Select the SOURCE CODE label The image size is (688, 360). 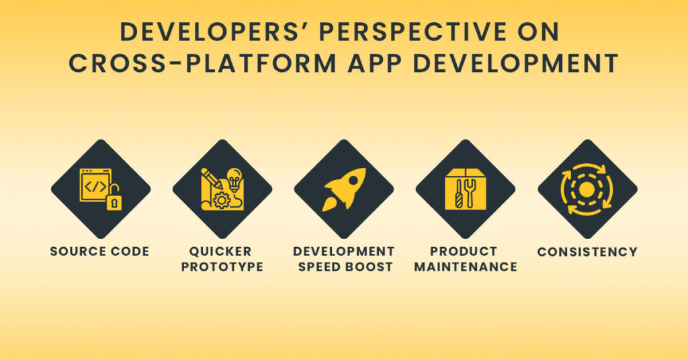(x=99, y=252)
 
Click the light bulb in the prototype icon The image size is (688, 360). (x=234, y=179)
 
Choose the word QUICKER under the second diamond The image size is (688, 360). (x=222, y=251)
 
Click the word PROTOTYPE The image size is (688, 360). (x=222, y=267)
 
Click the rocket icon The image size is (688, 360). (x=344, y=189)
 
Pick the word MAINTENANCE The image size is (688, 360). (x=466, y=267)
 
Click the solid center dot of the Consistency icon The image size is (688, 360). (x=587, y=190)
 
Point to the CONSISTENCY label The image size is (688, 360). (x=587, y=252)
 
